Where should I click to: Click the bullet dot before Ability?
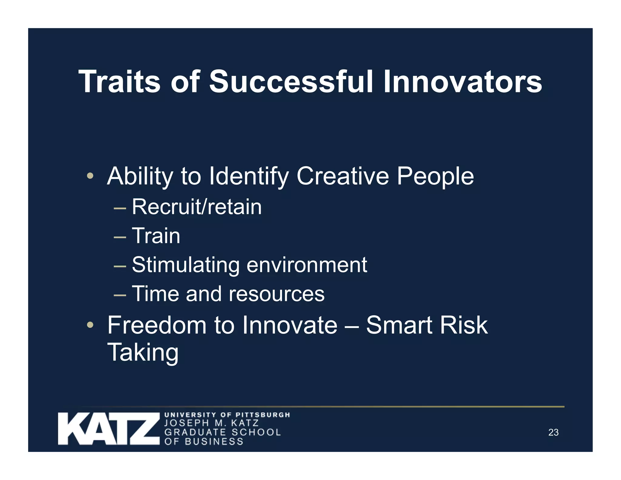90,176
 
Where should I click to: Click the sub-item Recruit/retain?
196,207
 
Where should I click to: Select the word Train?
156,236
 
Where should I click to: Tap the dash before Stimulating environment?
120,266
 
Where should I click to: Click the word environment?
307,265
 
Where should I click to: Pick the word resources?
276,294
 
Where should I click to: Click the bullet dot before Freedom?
90,325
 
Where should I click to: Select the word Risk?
464,325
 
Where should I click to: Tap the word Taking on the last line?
143,352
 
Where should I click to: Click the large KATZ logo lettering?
109,428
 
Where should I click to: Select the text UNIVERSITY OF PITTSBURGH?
227,415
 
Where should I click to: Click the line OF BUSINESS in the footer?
204,441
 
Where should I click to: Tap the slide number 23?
553,432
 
